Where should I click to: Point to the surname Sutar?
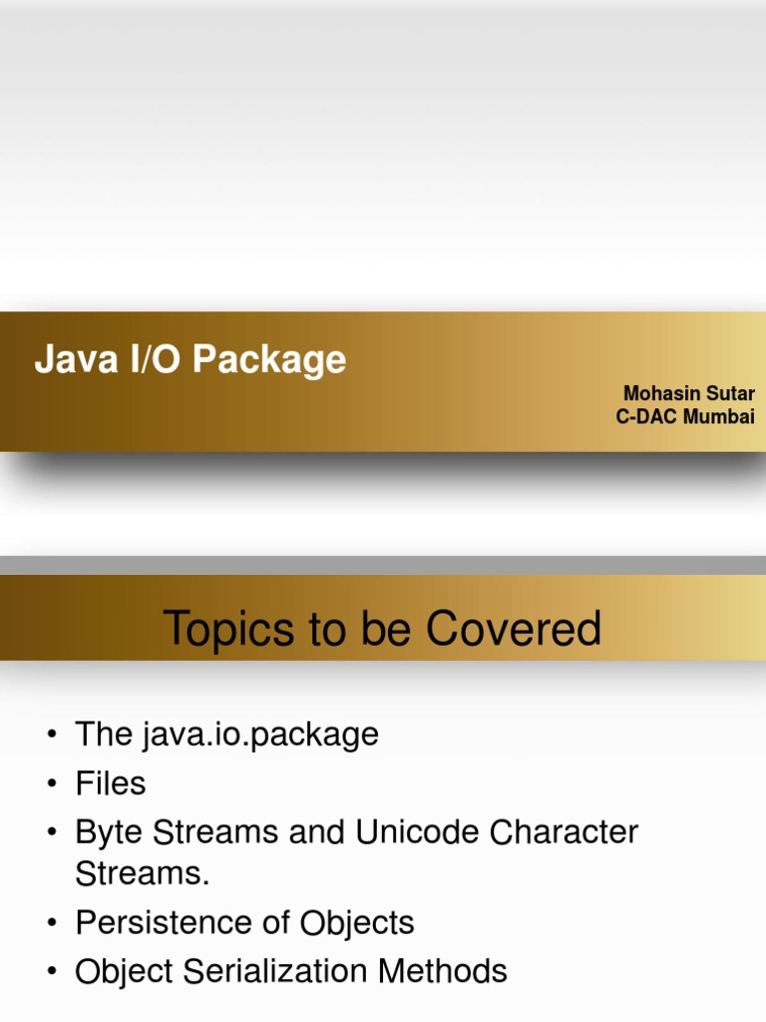[731, 393]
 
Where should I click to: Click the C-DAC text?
[646, 416]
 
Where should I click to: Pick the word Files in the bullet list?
[111, 783]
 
